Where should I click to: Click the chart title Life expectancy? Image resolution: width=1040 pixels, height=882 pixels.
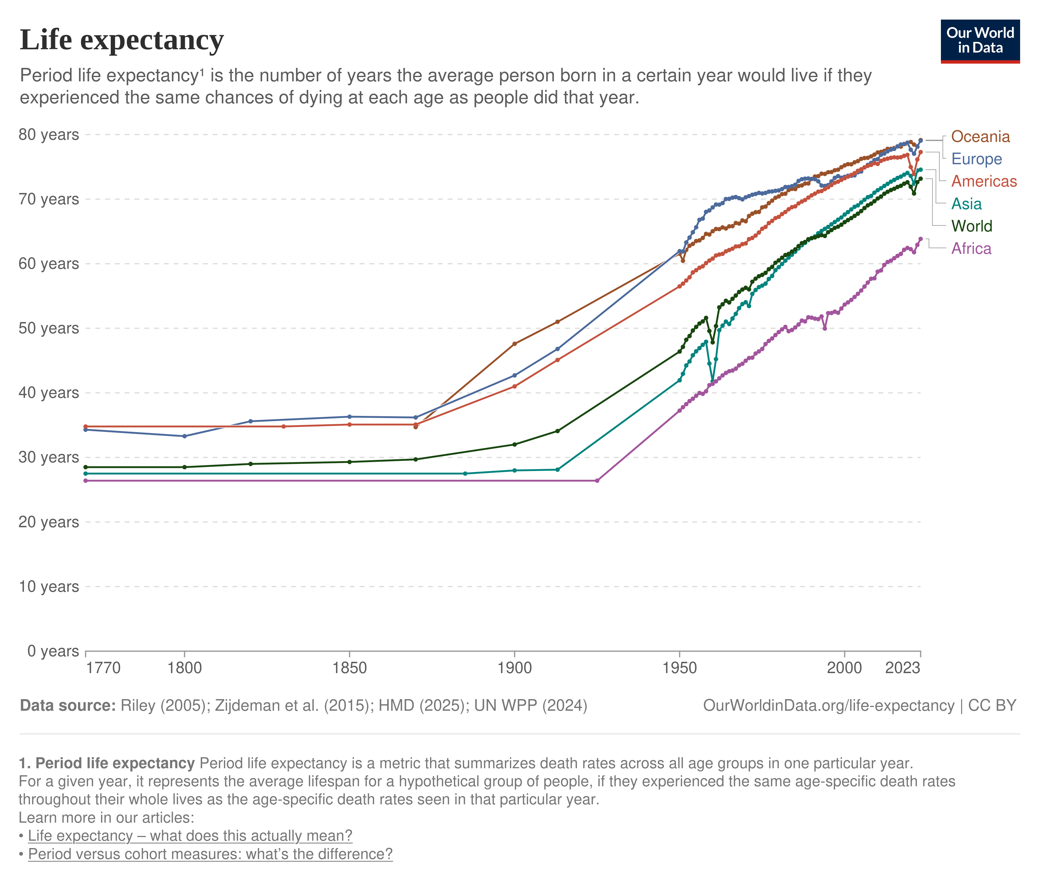(x=121, y=40)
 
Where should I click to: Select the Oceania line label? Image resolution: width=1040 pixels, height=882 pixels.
(x=980, y=136)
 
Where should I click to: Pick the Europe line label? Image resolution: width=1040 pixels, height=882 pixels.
(x=976, y=159)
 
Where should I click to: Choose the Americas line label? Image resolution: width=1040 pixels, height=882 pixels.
(x=983, y=181)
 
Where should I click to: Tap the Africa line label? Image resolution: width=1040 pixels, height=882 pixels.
(x=971, y=249)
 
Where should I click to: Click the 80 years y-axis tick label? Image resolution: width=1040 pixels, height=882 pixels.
(x=49, y=135)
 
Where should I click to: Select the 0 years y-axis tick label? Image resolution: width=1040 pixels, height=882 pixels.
(x=53, y=651)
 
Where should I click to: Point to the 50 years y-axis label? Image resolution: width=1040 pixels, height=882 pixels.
(x=49, y=328)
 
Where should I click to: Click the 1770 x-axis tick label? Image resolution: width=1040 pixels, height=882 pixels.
(x=103, y=668)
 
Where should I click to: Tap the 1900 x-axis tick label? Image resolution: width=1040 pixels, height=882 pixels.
(x=514, y=668)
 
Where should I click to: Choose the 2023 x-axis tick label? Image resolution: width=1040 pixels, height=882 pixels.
(x=902, y=668)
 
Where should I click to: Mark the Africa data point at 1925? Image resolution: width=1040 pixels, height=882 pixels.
(x=597, y=480)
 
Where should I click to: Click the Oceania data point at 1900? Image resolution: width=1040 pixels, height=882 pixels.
(x=514, y=343)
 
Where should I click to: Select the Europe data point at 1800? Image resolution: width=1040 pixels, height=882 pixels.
(x=184, y=436)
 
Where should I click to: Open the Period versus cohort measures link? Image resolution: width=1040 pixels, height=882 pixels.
(x=210, y=854)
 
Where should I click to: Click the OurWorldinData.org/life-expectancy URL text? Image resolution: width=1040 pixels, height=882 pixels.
(x=829, y=706)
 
